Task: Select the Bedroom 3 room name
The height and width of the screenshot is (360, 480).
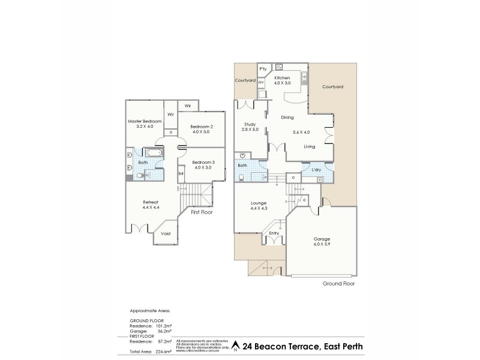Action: pos(203,162)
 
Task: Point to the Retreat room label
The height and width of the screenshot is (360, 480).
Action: pos(151,202)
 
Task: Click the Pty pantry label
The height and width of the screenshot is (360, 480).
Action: pos(263,69)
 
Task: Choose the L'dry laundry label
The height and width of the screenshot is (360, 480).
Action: pos(316,170)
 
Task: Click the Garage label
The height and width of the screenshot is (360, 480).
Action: pos(322,239)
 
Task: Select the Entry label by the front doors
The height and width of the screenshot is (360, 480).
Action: pos(274,233)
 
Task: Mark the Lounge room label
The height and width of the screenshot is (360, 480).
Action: pos(259,203)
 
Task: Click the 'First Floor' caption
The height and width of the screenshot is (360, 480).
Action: pos(202,212)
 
